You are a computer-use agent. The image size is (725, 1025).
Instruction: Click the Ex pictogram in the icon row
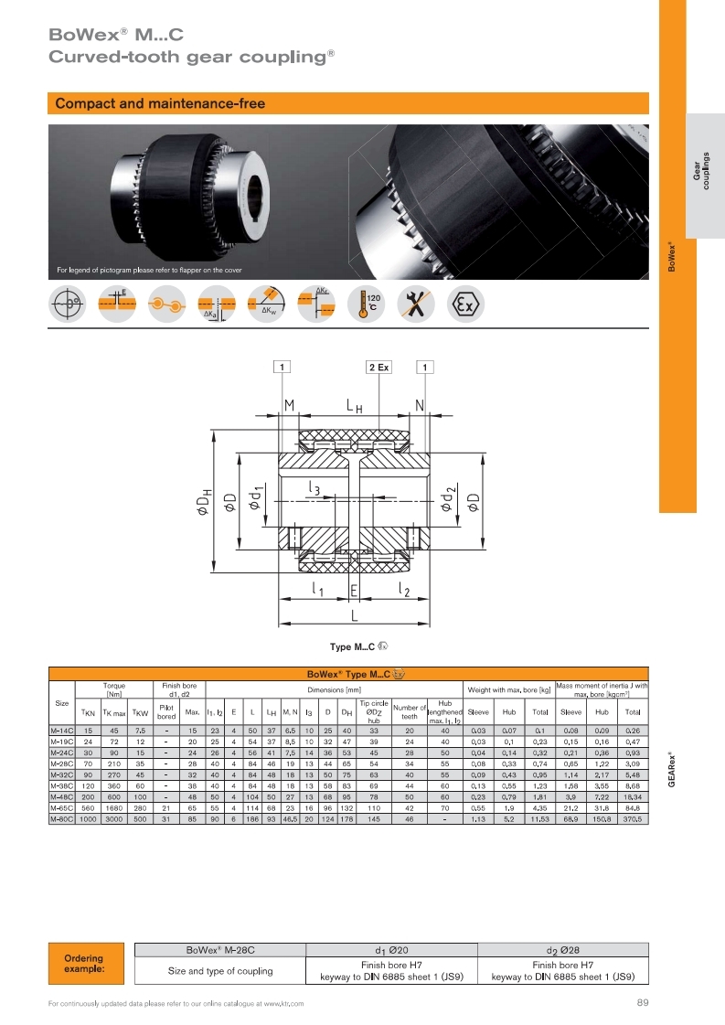(466, 304)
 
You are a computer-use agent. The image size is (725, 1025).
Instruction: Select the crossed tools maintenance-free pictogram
(417, 304)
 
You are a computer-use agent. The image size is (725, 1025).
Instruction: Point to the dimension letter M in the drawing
(289, 406)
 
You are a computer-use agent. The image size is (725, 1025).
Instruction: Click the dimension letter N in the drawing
(420, 406)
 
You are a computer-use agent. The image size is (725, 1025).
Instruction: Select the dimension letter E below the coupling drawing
(353, 592)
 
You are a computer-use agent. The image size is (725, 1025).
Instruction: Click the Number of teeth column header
(410, 711)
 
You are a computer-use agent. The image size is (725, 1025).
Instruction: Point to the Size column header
(61, 703)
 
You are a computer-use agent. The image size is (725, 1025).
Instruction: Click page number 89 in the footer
(642, 1003)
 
